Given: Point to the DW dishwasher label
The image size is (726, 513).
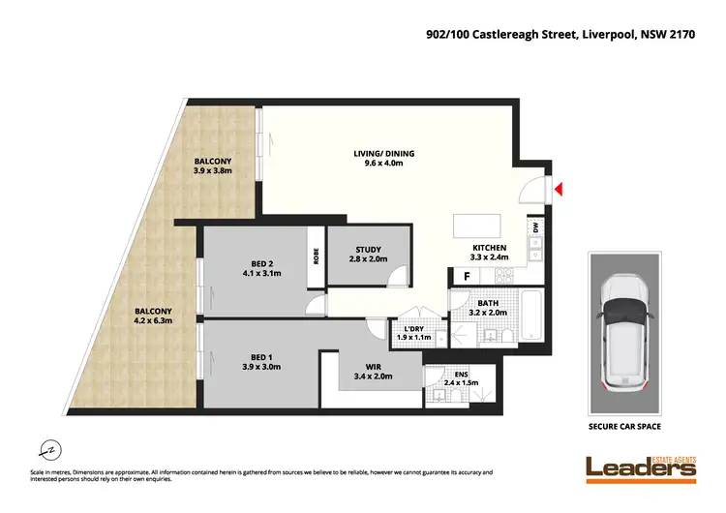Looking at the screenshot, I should [533, 228].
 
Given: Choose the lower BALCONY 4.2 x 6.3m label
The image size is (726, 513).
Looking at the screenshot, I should [154, 317].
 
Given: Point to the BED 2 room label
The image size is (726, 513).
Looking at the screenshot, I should [261, 267].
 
